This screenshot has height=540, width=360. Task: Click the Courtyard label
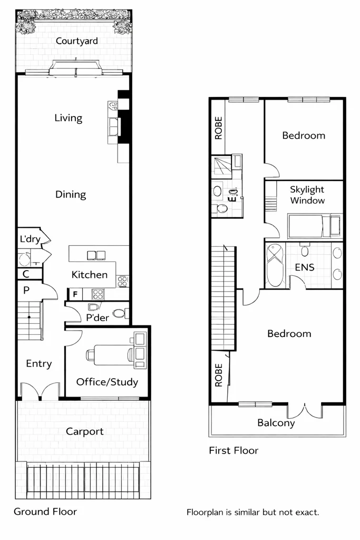tap(77, 41)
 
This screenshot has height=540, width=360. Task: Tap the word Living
tap(69, 118)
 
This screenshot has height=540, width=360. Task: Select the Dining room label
tap(71, 195)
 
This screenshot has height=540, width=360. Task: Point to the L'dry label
tap(30, 239)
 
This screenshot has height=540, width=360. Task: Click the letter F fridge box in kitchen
tap(75, 294)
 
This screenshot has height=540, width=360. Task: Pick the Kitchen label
tap(90, 275)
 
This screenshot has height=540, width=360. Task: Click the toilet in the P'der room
tap(120, 314)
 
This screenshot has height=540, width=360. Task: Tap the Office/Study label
tap(107, 382)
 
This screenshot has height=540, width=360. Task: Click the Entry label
tap(39, 364)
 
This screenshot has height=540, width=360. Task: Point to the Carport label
tap(85, 431)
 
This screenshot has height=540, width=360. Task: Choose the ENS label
tap(304, 267)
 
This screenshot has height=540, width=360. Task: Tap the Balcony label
tap(276, 423)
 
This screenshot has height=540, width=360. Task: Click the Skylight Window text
tap(307, 195)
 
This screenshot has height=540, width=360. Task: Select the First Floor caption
tap(233, 450)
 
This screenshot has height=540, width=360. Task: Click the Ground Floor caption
tap(45, 512)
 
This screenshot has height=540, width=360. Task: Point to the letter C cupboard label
tap(25, 274)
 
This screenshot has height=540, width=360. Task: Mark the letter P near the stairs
tap(26, 290)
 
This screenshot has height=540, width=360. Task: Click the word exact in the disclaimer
tap(307, 512)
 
